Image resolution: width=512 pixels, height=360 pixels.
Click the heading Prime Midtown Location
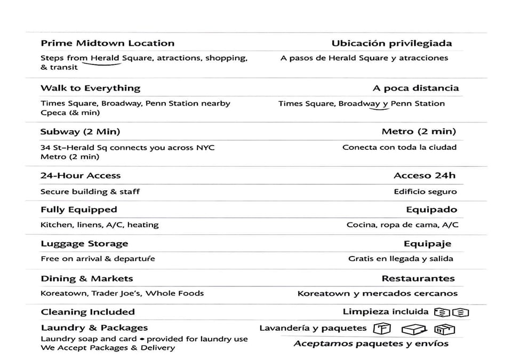click(x=107, y=43)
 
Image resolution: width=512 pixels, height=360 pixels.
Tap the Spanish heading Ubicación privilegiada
click(x=391, y=43)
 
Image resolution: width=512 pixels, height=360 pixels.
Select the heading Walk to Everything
click(x=90, y=88)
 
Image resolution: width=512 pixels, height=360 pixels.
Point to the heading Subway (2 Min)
click(x=80, y=132)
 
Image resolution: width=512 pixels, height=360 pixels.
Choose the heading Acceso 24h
click(x=425, y=175)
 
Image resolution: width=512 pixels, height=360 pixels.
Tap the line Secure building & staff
click(x=90, y=191)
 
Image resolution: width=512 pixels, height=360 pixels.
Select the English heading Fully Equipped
click(x=78, y=210)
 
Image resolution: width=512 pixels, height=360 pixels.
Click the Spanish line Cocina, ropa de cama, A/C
click(x=402, y=225)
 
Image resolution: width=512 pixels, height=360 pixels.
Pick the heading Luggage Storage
click(x=84, y=244)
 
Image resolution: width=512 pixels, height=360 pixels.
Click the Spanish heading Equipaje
click(x=427, y=244)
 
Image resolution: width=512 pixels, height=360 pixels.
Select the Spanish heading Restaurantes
click(x=418, y=278)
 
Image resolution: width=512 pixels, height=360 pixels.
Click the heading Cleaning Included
click(x=87, y=312)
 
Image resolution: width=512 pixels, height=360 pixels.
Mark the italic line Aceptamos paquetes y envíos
click(x=371, y=343)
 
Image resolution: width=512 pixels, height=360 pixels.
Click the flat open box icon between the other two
click(x=414, y=329)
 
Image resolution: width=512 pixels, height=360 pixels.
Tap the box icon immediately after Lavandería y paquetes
click(x=381, y=328)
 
